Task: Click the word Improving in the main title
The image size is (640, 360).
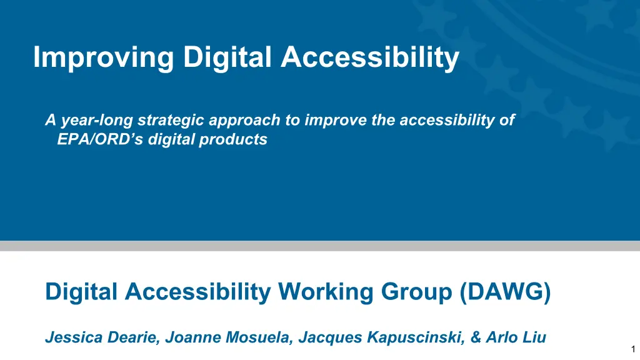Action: tap(104, 57)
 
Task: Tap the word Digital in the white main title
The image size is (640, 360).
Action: tap(227, 57)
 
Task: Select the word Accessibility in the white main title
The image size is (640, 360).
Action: tap(370, 57)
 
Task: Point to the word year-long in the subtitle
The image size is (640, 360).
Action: tap(97, 121)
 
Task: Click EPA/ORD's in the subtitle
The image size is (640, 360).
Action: tap(101, 139)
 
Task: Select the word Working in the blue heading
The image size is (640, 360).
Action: tap(326, 292)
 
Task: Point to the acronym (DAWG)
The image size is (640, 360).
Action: tap(505, 292)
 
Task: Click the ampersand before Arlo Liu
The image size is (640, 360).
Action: tap(476, 337)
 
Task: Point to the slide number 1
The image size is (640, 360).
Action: tap(634, 349)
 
